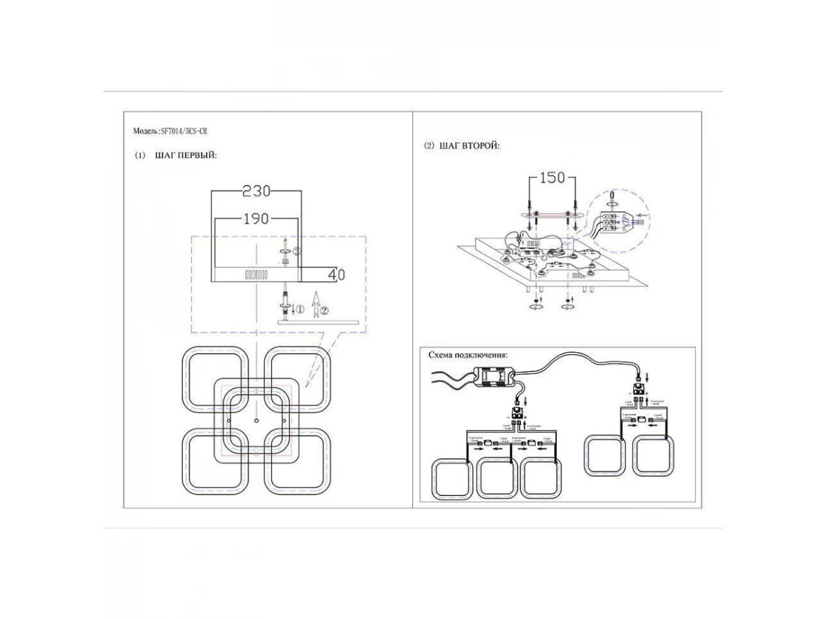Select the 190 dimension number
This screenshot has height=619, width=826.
pos(255,219)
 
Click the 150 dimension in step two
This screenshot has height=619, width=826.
pos(551,178)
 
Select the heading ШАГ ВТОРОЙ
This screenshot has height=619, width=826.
pos(470,146)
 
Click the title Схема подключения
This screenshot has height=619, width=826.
pos(468,356)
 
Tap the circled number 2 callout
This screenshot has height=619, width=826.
pos(325,310)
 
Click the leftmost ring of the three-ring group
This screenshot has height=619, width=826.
pos(449,480)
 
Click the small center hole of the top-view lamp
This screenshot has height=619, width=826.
pos(255,420)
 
